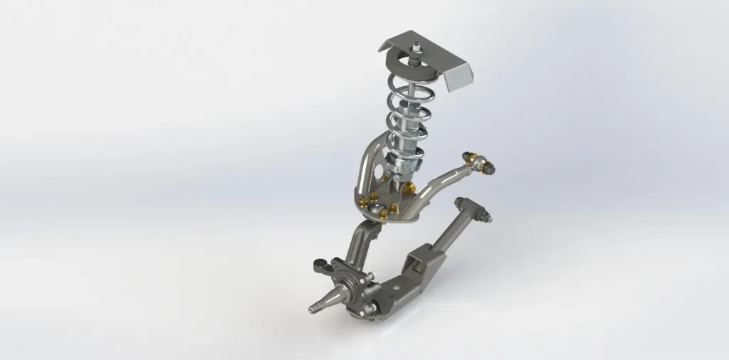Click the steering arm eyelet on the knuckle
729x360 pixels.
318,268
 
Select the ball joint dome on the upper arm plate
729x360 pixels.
389,211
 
